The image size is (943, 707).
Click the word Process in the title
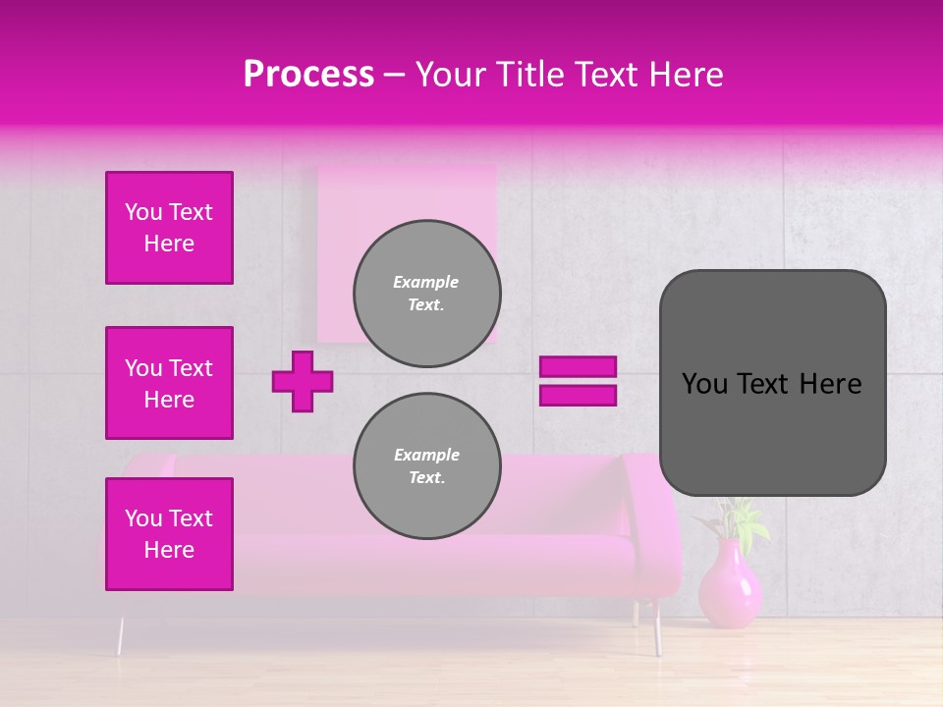308,75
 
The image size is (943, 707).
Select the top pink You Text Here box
169,228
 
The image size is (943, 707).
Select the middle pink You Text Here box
169,383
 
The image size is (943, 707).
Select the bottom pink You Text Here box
169,534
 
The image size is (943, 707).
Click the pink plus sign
303,381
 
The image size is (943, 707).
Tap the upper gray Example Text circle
427,294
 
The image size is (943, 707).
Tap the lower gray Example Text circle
427,466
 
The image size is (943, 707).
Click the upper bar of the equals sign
578,367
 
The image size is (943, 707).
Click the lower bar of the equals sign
578,395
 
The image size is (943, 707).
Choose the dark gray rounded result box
772,383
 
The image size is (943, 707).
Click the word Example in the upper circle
425,282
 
